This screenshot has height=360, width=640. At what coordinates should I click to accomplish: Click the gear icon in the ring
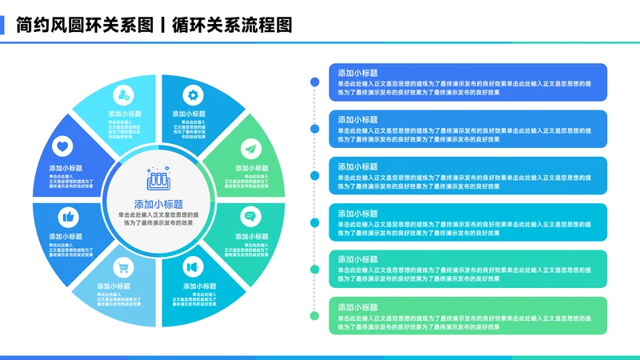(x=192, y=95)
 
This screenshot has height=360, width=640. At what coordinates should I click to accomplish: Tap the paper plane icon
(x=250, y=148)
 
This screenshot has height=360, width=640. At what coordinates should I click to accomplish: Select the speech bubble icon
(x=250, y=216)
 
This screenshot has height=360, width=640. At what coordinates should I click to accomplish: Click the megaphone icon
(x=192, y=266)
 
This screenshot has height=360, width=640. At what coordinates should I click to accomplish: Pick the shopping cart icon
(x=122, y=266)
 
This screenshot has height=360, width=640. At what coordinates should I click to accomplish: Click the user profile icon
(x=122, y=95)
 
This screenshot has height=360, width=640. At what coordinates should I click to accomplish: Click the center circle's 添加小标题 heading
(x=158, y=204)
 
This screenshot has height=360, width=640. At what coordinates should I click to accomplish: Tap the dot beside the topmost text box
(x=314, y=82)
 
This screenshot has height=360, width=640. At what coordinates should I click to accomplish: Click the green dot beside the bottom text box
(x=314, y=316)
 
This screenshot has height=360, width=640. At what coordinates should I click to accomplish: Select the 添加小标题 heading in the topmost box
(x=358, y=73)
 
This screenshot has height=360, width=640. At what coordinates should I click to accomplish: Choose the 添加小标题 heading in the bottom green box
(x=358, y=307)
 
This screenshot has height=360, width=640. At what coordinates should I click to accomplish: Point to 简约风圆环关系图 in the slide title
(x=84, y=25)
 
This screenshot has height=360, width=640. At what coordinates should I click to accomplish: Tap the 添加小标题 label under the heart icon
(x=66, y=169)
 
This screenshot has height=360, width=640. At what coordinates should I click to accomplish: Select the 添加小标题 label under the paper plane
(x=251, y=169)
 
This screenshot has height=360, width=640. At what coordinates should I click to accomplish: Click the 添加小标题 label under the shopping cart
(x=114, y=286)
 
